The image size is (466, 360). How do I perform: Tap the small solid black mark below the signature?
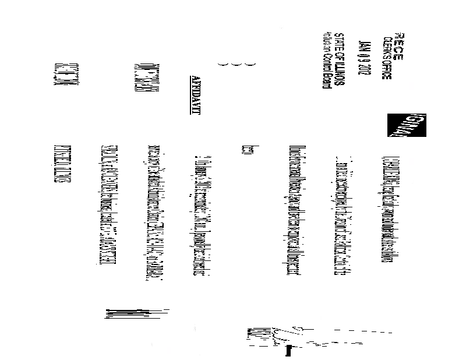tap(288, 351)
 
